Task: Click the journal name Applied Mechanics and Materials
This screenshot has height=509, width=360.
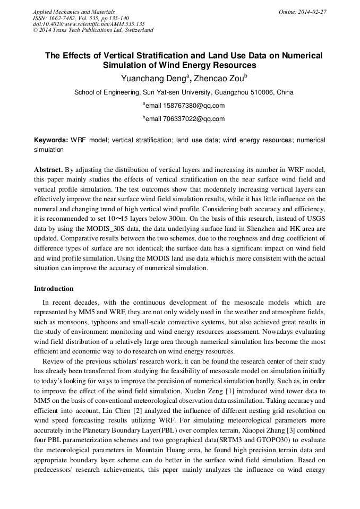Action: point(74,12)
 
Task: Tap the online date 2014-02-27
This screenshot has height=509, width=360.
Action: point(312,12)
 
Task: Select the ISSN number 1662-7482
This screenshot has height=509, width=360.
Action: point(66,18)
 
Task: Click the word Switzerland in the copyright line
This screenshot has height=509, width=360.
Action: point(134,30)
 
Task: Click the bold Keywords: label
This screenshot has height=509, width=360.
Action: point(51,140)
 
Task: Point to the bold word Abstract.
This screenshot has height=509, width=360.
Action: point(48,170)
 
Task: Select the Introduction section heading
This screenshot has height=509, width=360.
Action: point(54,289)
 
